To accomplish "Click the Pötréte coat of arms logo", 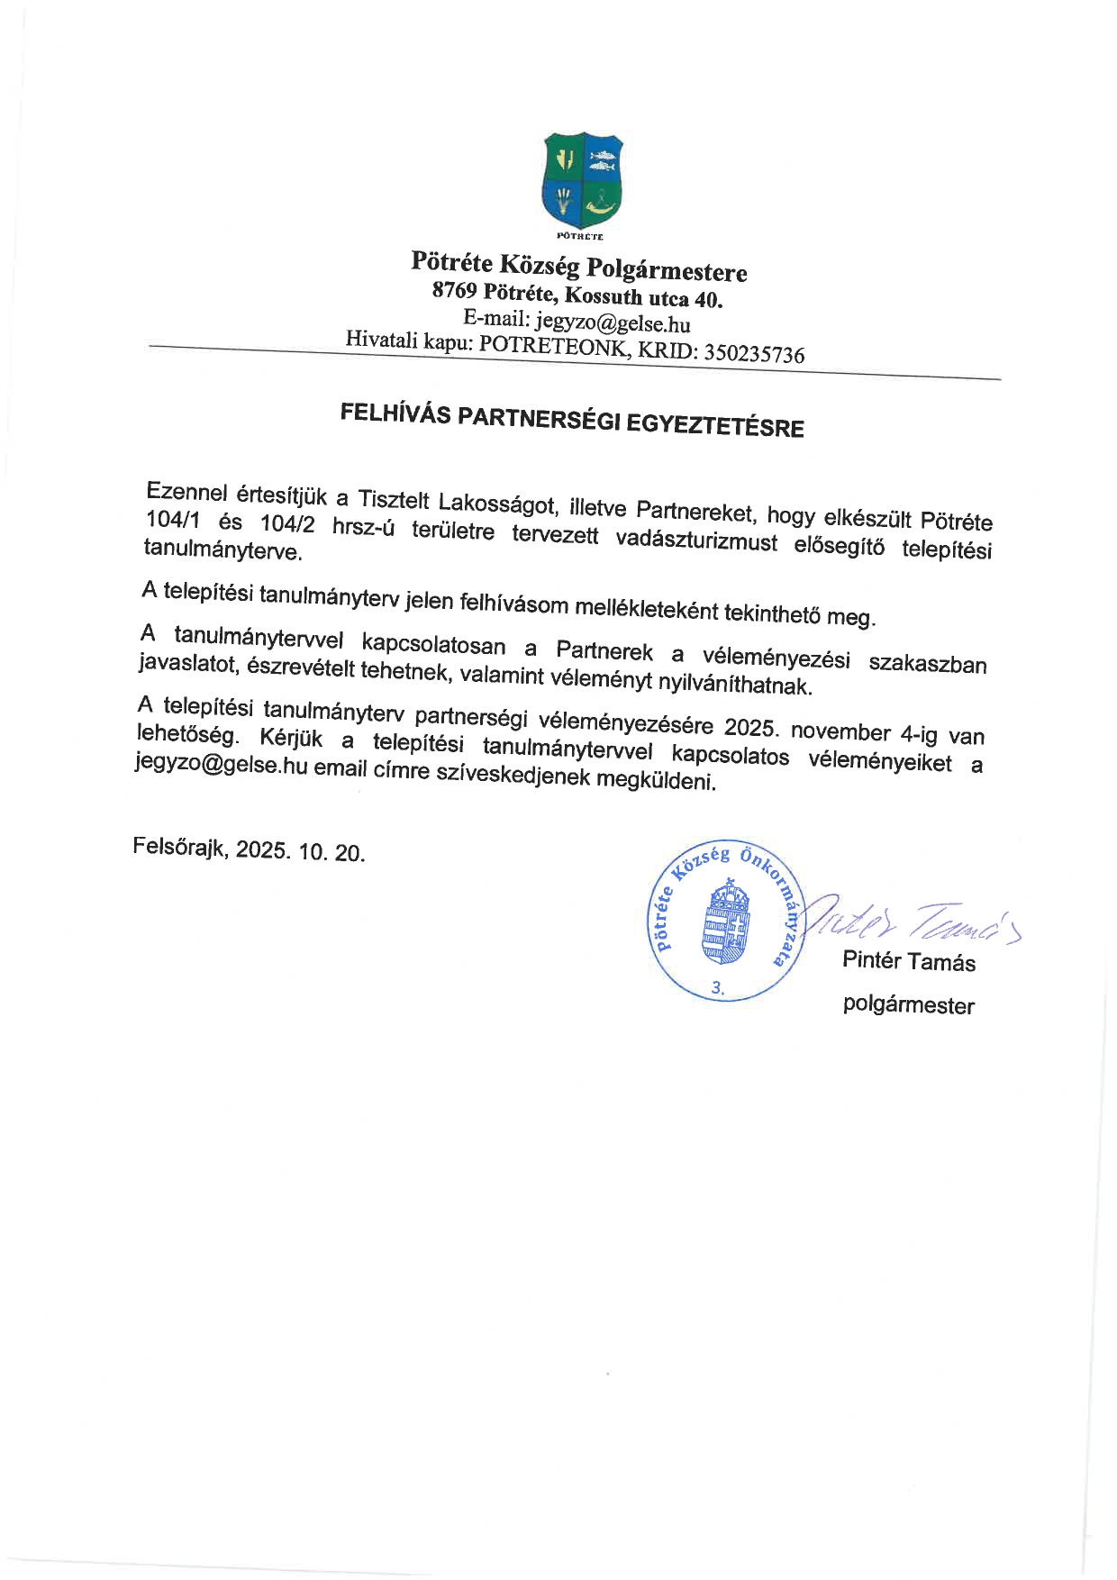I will [x=582, y=179].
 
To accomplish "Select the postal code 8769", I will [x=454, y=290].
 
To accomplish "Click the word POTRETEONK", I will [x=552, y=346].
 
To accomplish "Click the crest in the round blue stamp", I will [x=726, y=922].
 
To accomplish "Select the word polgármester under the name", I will [x=908, y=1004].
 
